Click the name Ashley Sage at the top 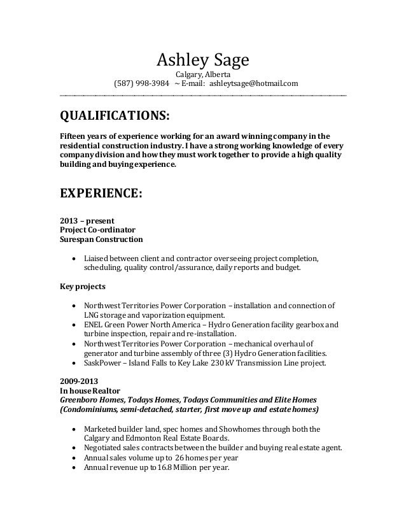(x=203, y=60)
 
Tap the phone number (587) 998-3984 (x=141, y=84)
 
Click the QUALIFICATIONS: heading (x=115, y=117)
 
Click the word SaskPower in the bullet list (x=102, y=363)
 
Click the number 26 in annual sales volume (x=181, y=458)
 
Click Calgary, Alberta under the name (x=203, y=74)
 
